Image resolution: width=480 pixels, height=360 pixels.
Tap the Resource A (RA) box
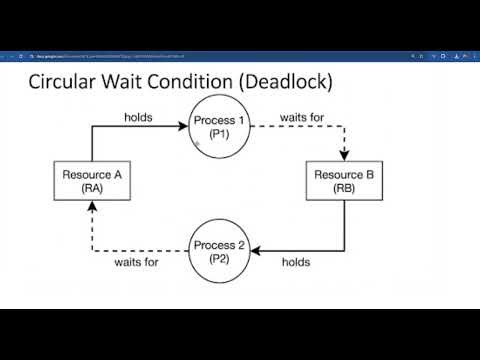pos(91,181)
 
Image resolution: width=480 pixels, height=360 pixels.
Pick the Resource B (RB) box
pos(343,181)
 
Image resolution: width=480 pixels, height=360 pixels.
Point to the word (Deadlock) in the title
pos(282,82)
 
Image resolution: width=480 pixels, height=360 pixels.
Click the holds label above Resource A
pos(138,117)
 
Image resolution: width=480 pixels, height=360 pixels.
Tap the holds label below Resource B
pos(295,262)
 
